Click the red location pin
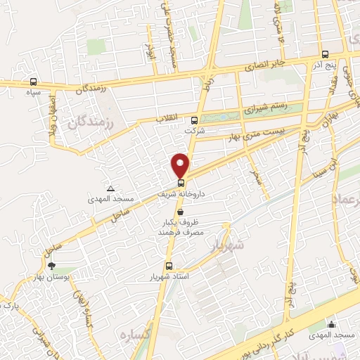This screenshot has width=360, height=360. pyautogui.click(x=181, y=165)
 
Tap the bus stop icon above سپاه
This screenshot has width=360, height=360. pyautogui.click(x=34, y=82)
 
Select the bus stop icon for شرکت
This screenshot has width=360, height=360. pyautogui.click(x=194, y=120)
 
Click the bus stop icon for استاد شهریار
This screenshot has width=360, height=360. pyautogui.click(x=168, y=266)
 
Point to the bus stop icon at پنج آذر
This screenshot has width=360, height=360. pyautogui.click(x=324, y=54)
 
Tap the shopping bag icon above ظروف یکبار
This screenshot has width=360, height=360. pyautogui.click(x=181, y=211)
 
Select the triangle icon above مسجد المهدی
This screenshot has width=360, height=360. pyautogui.click(x=110, y=188)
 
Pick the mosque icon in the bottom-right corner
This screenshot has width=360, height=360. pyautogui.click(x=331, y=324)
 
